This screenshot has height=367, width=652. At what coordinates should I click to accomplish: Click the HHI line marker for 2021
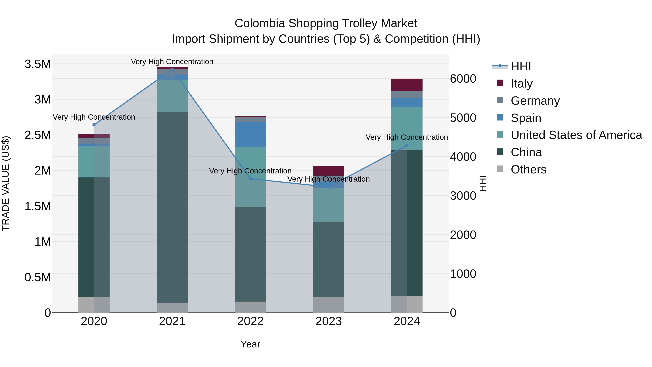click(172, 69)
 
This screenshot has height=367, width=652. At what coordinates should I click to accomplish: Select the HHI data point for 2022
click(250, 179)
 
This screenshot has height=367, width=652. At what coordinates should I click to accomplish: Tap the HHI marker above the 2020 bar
click(94, 125)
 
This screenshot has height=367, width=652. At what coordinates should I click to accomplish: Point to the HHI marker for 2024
click(407, 145)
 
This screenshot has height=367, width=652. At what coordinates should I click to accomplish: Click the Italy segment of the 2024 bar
click(407, 85)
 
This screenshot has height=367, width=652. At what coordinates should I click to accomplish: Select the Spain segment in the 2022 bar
click(250, 134)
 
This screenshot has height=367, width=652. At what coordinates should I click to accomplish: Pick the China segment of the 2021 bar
click(172, 207)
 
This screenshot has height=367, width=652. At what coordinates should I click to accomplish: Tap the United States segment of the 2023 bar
click(329, 205)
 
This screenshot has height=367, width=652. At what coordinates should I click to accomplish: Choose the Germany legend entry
click(535, 101)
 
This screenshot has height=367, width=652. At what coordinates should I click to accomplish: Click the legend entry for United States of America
click(576, 135)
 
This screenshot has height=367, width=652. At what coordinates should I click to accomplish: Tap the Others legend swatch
click(500, 169)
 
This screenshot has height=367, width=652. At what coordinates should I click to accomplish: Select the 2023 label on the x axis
click(329, 321)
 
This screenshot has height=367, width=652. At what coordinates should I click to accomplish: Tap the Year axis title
click(250, 344)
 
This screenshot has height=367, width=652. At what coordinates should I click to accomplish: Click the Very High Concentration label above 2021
click(172, 62)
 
